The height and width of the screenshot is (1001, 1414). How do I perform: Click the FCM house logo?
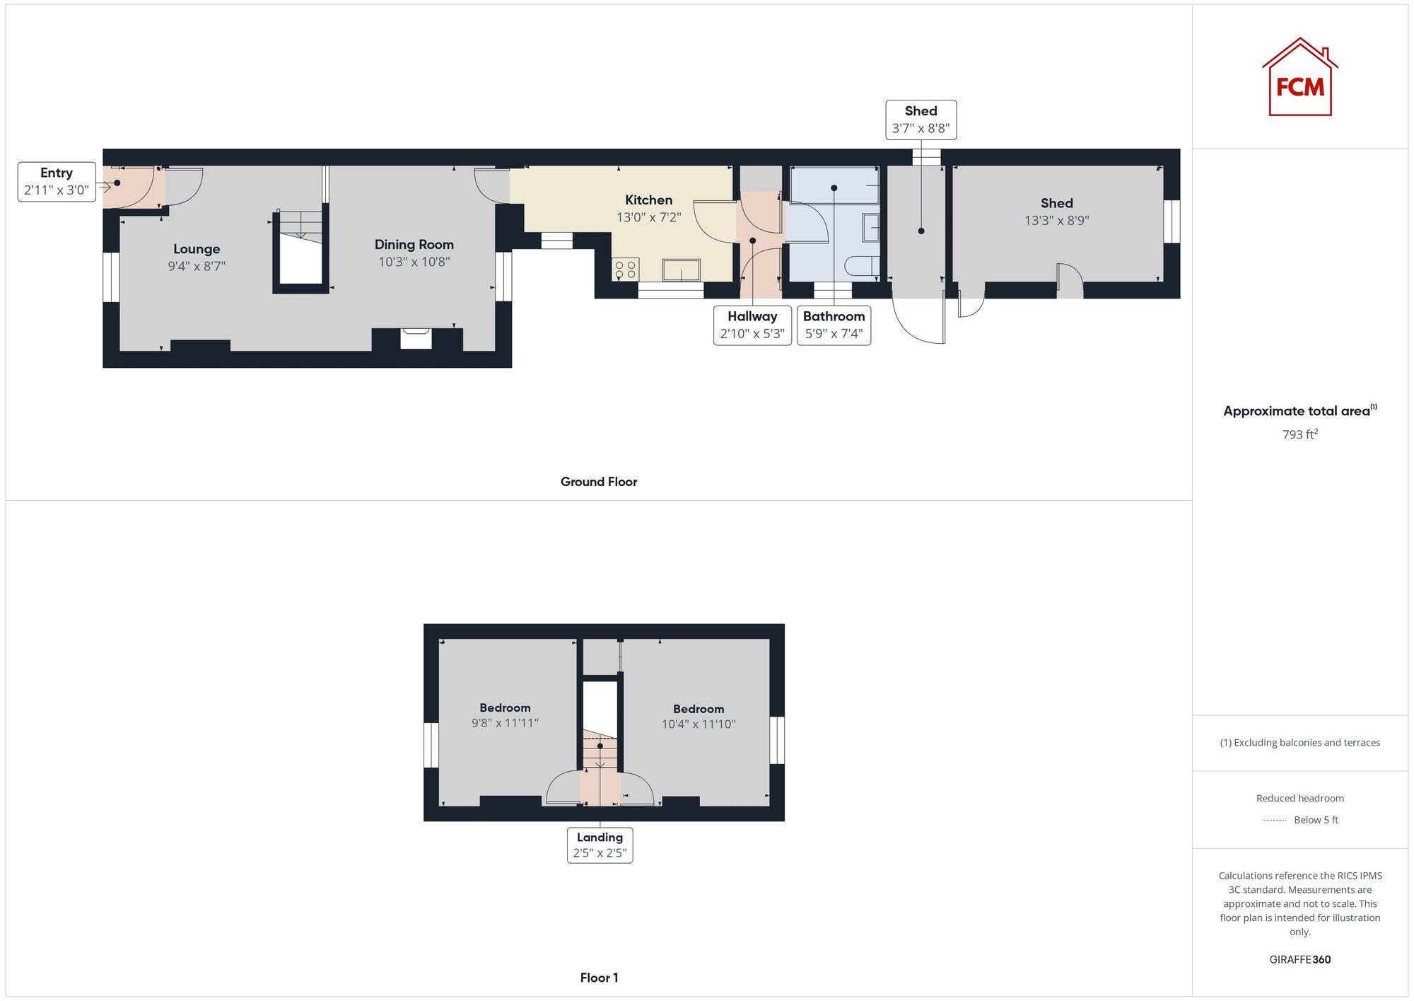1299,78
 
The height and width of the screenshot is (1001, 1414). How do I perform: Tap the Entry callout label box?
57,181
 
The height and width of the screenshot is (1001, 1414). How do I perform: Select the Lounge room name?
197,249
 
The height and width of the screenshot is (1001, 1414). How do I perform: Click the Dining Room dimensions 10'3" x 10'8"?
414,262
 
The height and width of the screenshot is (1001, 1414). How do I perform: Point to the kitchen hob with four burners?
626,269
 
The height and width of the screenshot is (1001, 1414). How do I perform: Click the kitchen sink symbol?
681,270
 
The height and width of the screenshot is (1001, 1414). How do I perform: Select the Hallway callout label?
752,325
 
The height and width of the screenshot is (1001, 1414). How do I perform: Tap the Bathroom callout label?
834,325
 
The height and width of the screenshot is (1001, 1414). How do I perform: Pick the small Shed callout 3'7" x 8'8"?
921,120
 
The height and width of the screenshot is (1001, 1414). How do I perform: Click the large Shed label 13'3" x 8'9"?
1056,212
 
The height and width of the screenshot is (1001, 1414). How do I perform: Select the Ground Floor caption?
598,482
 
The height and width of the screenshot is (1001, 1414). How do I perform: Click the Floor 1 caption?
599,978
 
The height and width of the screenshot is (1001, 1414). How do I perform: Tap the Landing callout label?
600,845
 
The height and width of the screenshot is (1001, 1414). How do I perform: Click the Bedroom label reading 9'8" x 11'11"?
505,715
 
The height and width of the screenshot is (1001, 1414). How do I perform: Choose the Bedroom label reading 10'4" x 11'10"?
698,716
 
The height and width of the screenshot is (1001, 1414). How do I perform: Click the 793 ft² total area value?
1299,434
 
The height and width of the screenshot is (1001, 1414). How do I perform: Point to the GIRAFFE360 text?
1299,959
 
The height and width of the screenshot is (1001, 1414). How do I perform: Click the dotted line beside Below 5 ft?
1274,821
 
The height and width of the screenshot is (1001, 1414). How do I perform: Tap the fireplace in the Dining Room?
416,338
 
